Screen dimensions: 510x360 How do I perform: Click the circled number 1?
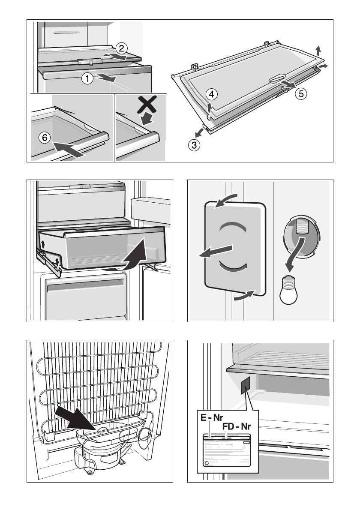(x=87, y=78)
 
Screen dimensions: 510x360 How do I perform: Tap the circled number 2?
(x=121, y=48)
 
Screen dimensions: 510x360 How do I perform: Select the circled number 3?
(x=194, y=145)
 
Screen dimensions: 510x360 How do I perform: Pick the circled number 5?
(x=301, y=93)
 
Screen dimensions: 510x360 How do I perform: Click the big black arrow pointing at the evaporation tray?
(x=75, y=416)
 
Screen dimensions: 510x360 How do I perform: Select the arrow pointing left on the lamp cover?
(x=216, y=250)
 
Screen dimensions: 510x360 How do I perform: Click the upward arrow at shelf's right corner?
(x=318, y=50)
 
